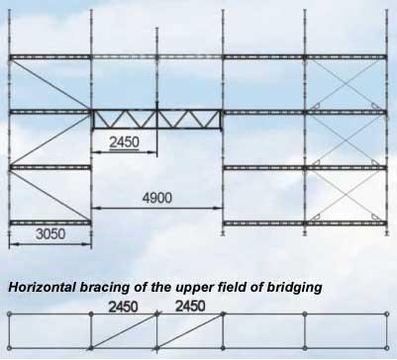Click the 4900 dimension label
pos(157,198)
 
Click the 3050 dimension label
pos(50,234)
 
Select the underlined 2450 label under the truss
pos(124,142)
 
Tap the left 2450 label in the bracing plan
pos(123,307)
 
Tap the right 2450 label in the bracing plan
pos(190,307)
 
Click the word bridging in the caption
pos(294,288)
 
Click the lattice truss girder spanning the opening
pos(156,120)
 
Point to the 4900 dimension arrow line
pos(156,208)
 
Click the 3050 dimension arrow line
pos(50,244)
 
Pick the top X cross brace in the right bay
pos(346,85)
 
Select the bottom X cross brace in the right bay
pos(346,195)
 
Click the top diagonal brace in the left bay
pos(50,84)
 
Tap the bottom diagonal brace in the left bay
pos(50,195)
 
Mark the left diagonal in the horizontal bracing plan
pos(123,331)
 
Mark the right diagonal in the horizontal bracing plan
pos(190,331)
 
